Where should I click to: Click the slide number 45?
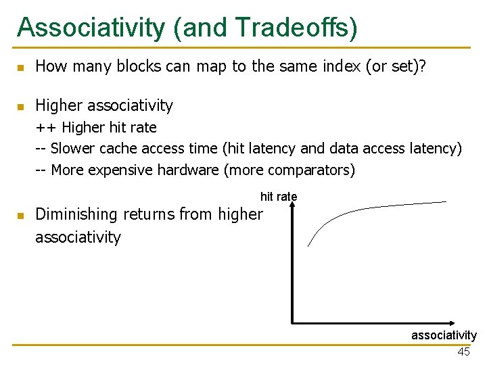[x=463, y=351]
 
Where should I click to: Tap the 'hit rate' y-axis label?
[x=279, y=197]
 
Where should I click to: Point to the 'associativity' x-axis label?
[x=444, y=335]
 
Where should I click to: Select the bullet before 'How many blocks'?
[x=21, y=67]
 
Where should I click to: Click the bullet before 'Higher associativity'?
[x=21, y=106]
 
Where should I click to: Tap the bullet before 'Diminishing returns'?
[x=21, y=216]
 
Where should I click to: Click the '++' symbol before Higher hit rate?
[x=45, y=128]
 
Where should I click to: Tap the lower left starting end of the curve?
[x=308, y=246]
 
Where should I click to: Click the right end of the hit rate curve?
[x=446, y=201]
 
